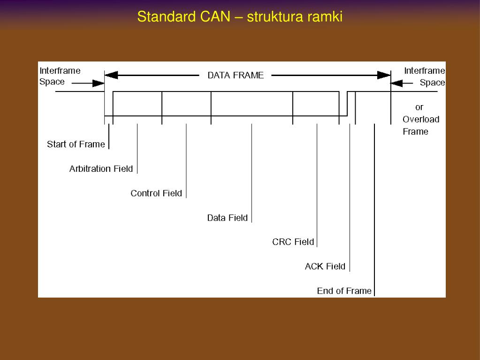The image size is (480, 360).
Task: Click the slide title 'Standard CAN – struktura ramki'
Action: [240, 16]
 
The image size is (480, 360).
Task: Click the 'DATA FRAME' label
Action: [236, 75]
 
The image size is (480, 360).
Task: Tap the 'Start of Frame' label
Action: [76, 144]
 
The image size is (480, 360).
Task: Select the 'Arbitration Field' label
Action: [101, 169]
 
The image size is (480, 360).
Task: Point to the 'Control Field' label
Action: [156, 193]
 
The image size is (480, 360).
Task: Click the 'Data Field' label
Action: [227, 218]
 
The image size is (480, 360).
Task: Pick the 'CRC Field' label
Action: [293, 242]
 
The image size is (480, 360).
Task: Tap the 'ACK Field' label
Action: [325, 266]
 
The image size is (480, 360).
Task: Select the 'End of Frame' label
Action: [344, 291]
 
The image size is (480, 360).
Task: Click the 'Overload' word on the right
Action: [421, 119]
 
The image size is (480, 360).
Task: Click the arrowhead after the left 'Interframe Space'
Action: [98, 83]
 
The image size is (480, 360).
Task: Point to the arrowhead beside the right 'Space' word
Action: [396, 83]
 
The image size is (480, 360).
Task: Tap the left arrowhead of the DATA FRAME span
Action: [111, 75]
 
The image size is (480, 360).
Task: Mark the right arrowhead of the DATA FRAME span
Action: [384, 75]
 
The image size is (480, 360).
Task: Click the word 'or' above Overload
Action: [419, 107]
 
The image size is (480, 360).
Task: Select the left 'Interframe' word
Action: [60, 71]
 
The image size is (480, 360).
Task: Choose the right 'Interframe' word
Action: [425, 71]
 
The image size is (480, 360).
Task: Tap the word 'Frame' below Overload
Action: [415, 131]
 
